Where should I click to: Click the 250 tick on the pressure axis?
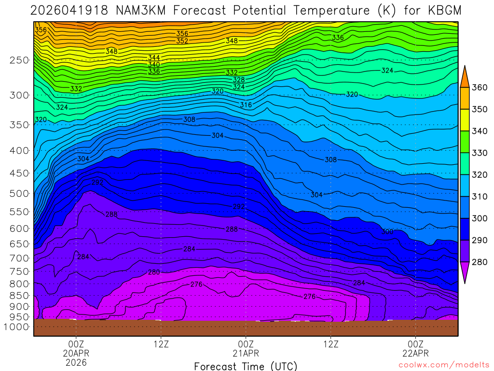19,60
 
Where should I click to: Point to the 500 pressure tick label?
19,194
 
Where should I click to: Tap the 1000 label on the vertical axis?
17,327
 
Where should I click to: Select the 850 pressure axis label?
19,296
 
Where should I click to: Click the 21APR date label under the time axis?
246,353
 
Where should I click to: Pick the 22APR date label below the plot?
415,353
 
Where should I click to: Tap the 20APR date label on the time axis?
76,353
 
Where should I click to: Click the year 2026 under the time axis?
76,362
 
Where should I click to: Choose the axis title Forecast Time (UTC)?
246,366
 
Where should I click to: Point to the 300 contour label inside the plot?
387,232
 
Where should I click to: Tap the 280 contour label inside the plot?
153,272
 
